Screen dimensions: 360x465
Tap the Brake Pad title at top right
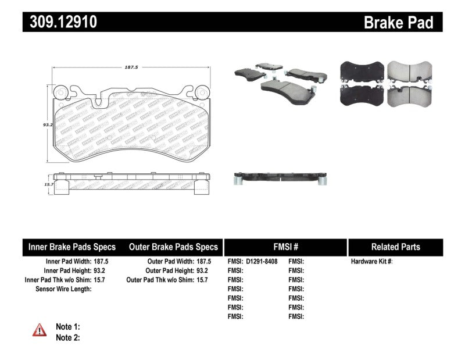(x=398, y=22)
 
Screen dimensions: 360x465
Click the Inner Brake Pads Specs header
(x=72, y=247)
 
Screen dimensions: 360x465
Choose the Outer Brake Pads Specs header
(x=173, y=247)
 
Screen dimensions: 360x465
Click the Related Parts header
(x=395, y=247)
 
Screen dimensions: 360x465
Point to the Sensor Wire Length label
(x=63, y=288)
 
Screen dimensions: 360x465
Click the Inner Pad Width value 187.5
(x=101, y=262)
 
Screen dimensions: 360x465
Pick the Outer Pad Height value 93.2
(x=201, y=270)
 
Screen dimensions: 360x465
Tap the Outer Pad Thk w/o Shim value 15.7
(x=201, y=280)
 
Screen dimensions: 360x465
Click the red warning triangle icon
(x=40, y=330)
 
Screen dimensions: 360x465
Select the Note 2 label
(x=67, y=337)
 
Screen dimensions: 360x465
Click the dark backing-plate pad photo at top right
(x=360, y=83)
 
